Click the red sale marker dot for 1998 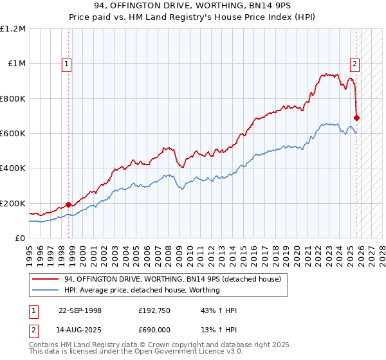pyautogui.click(x=69, y=205)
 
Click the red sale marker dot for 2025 pyautogui.click(x=357, y=118)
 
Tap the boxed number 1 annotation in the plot pyautogui.click(x=68, y=63)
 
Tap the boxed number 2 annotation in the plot pyautogui.click(x=354, y=63)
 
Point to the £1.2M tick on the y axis pyautogui.click(x=13, y=29)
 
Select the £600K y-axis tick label pyautogui.click(x=13, y=134)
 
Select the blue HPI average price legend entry pyautogui.click(x=142, y=290)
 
